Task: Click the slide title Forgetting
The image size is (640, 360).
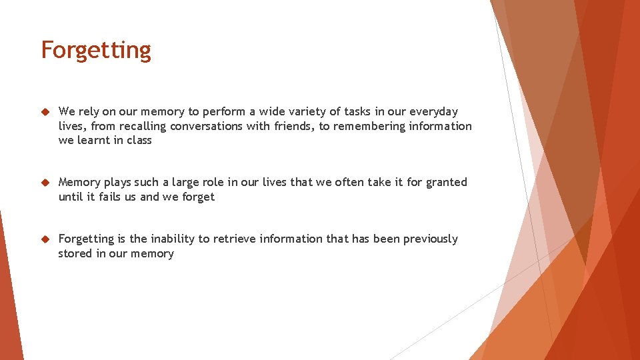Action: pos(96,51)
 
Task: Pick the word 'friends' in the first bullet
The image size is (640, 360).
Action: pos(293,126)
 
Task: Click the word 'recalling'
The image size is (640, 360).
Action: pos(143,126)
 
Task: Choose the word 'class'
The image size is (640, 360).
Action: pos(139,140)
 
